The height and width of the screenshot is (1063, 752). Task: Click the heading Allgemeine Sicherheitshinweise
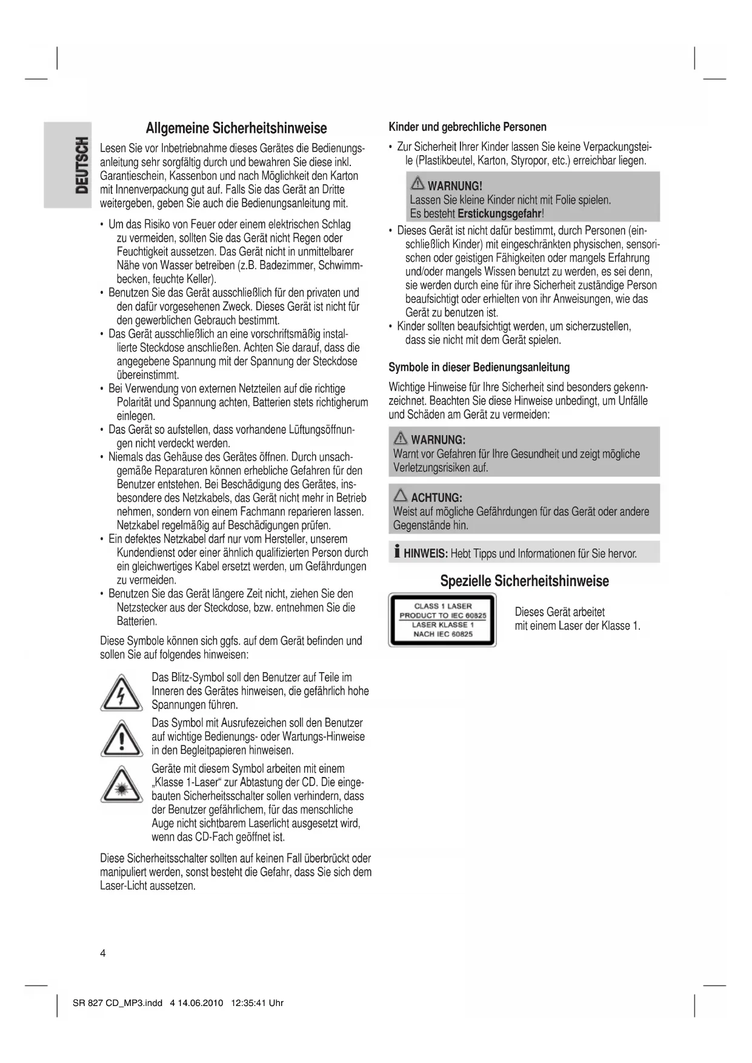(236, 128)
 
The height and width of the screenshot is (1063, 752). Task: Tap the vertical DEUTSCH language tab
(81, 165)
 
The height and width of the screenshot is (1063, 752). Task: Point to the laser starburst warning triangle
(121, 785)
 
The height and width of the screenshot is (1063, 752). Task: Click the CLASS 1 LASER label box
(442, 620)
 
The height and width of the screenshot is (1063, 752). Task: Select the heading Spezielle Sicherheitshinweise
(524, 581)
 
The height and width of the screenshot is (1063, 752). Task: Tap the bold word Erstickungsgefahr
(499, 214)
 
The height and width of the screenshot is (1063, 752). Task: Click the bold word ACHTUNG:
(436, 498)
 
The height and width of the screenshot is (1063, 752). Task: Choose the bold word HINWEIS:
(425, 553)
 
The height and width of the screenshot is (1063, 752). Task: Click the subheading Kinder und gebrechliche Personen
(467, 127)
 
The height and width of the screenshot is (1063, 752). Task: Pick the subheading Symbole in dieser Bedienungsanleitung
(479, 367)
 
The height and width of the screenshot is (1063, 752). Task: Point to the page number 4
(103, 953)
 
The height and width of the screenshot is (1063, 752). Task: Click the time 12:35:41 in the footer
(248, 1003)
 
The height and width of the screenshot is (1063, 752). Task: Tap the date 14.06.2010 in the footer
(201, 1003)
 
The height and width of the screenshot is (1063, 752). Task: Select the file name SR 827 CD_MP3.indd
(117, 1003)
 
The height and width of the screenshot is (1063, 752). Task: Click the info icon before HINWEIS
(396, 552)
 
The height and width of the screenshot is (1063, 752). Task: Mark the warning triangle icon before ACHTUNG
(401, 496)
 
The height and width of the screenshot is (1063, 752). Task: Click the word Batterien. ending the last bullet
(137, 622)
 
